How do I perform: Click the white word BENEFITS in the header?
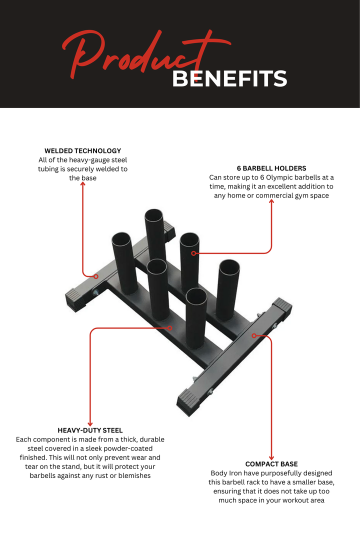pyautogui.click(x=229, y=79)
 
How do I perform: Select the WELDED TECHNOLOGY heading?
pyautogui.click(x=82, y=150)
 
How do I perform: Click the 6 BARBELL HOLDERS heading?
pyautogui.click(x=271, y=168)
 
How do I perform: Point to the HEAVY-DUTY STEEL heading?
pyautogui.click(x=90, y=430)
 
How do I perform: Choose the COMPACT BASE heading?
pyautogui.click(x=271, y=464)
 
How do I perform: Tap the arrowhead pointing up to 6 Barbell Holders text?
pyautogui.click(x=271, y=202)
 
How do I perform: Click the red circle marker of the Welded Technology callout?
pyautogui.click(x=96, y=276)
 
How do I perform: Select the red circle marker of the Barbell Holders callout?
pyautogui.click(x=193, y=253)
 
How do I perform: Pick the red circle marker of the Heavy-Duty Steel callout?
pyautogui.click(x=170, y=328)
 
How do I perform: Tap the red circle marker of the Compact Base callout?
pyautogui.click(x=254, y=335)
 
